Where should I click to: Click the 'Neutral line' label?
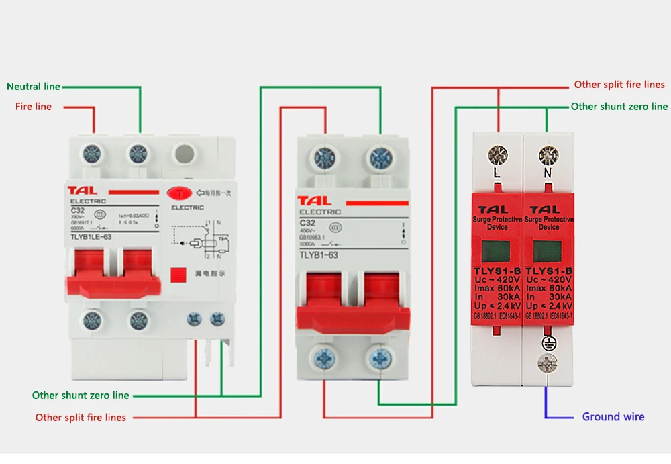[34, 87]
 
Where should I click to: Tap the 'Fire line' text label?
[34, 107]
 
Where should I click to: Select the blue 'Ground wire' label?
[613, 417]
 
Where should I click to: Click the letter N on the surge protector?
[548, 173]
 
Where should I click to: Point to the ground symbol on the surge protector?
[548, 342]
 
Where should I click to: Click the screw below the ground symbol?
[548, 363]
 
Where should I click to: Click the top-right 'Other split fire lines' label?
[619, 85]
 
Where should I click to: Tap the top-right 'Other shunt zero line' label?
[619, 107]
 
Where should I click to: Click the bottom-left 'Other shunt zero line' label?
[81, 396]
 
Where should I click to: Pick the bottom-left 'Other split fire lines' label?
[81, 418]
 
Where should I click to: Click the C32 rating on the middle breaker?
[307, 223]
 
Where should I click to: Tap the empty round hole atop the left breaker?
[185, 154]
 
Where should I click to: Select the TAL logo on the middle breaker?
[315, 201]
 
